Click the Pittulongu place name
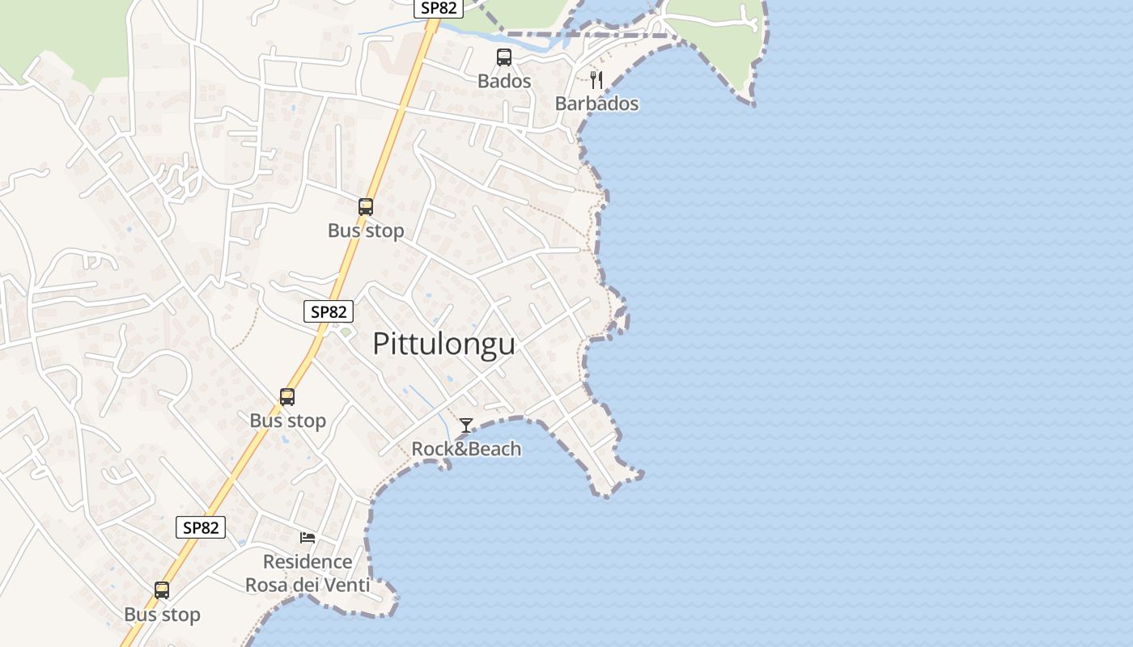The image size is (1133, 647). pyautogui.click(x=443, y=344)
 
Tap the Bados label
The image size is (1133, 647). pyautogui.click(x=504, y=81)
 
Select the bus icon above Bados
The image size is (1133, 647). pyautogui.click(x=504, y=57)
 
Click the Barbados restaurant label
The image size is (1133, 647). pyautogui.click(x=596, y=104)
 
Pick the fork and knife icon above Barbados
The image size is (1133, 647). pyautogui.click(x=596, y=79)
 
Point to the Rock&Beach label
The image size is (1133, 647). pyautogui.click(x=466, y=449)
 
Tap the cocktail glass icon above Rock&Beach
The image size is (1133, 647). pyautogui.click(x=466, y=425)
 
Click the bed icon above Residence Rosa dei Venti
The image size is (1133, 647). pyautogui.click(x=308, y=537)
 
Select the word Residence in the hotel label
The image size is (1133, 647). pyautogui.click(x=308, y=561)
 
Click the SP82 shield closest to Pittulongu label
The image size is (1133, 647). pyautogui.click(x=329, y=311)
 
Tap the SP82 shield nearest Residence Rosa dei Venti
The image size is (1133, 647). pyautogui.click(x=201, y=527)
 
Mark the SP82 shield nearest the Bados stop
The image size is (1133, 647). pyautogui.click(x=439, y=8)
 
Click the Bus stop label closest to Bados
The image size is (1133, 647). pyautogui.click(x=366, y=230)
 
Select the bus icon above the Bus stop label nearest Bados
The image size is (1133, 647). pyautogui.click(x=366, y=207)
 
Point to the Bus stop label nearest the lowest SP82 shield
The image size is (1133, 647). pyautogui.click(x=162, y=615)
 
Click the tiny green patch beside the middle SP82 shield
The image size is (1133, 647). pyautogui.click(x=346, y=332)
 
